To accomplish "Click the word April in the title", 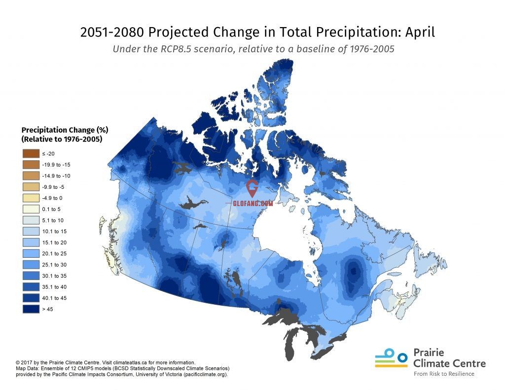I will coord(420,33).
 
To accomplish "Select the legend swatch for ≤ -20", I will coord(30,154).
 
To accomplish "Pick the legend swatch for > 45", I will coord(30,309).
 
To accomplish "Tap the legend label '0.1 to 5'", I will coord(52,209).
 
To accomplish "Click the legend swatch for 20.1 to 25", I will coord(30,253).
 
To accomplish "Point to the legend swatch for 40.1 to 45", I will coord(30,298).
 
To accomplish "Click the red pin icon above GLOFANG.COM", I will coord(252,188).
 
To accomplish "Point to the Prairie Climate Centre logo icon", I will coord(391,359).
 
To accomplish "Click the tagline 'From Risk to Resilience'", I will coord(444,374).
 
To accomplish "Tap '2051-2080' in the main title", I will coord(112,33).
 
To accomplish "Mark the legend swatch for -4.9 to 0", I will coord(30,198).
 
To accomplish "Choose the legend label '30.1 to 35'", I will coord(54,276).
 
